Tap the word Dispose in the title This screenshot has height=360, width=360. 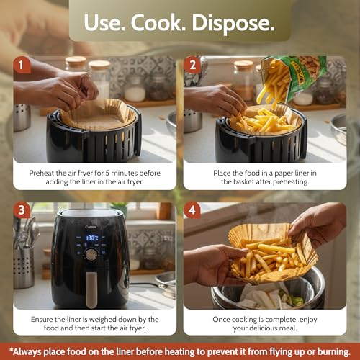[x=233, y=24]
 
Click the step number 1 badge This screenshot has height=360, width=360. [x=22, y=65]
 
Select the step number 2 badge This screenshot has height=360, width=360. [x=192, y=65]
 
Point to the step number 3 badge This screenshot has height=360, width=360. [x=22, y=210]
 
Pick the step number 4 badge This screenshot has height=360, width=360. [x=192, y=210]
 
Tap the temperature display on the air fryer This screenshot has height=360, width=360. [x=92, y=238]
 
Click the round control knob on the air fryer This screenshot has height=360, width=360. [x=91, y=254]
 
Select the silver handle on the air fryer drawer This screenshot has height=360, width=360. [x=91, y=290]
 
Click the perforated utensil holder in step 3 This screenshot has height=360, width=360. [x=23, y=268]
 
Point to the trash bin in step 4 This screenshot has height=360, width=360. [x=268, y=292]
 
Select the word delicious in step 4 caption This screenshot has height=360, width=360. [x=265, y=328]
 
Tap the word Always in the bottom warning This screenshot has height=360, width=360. [x=26, y=352]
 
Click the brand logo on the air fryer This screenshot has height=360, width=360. [x=91, y=227]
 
